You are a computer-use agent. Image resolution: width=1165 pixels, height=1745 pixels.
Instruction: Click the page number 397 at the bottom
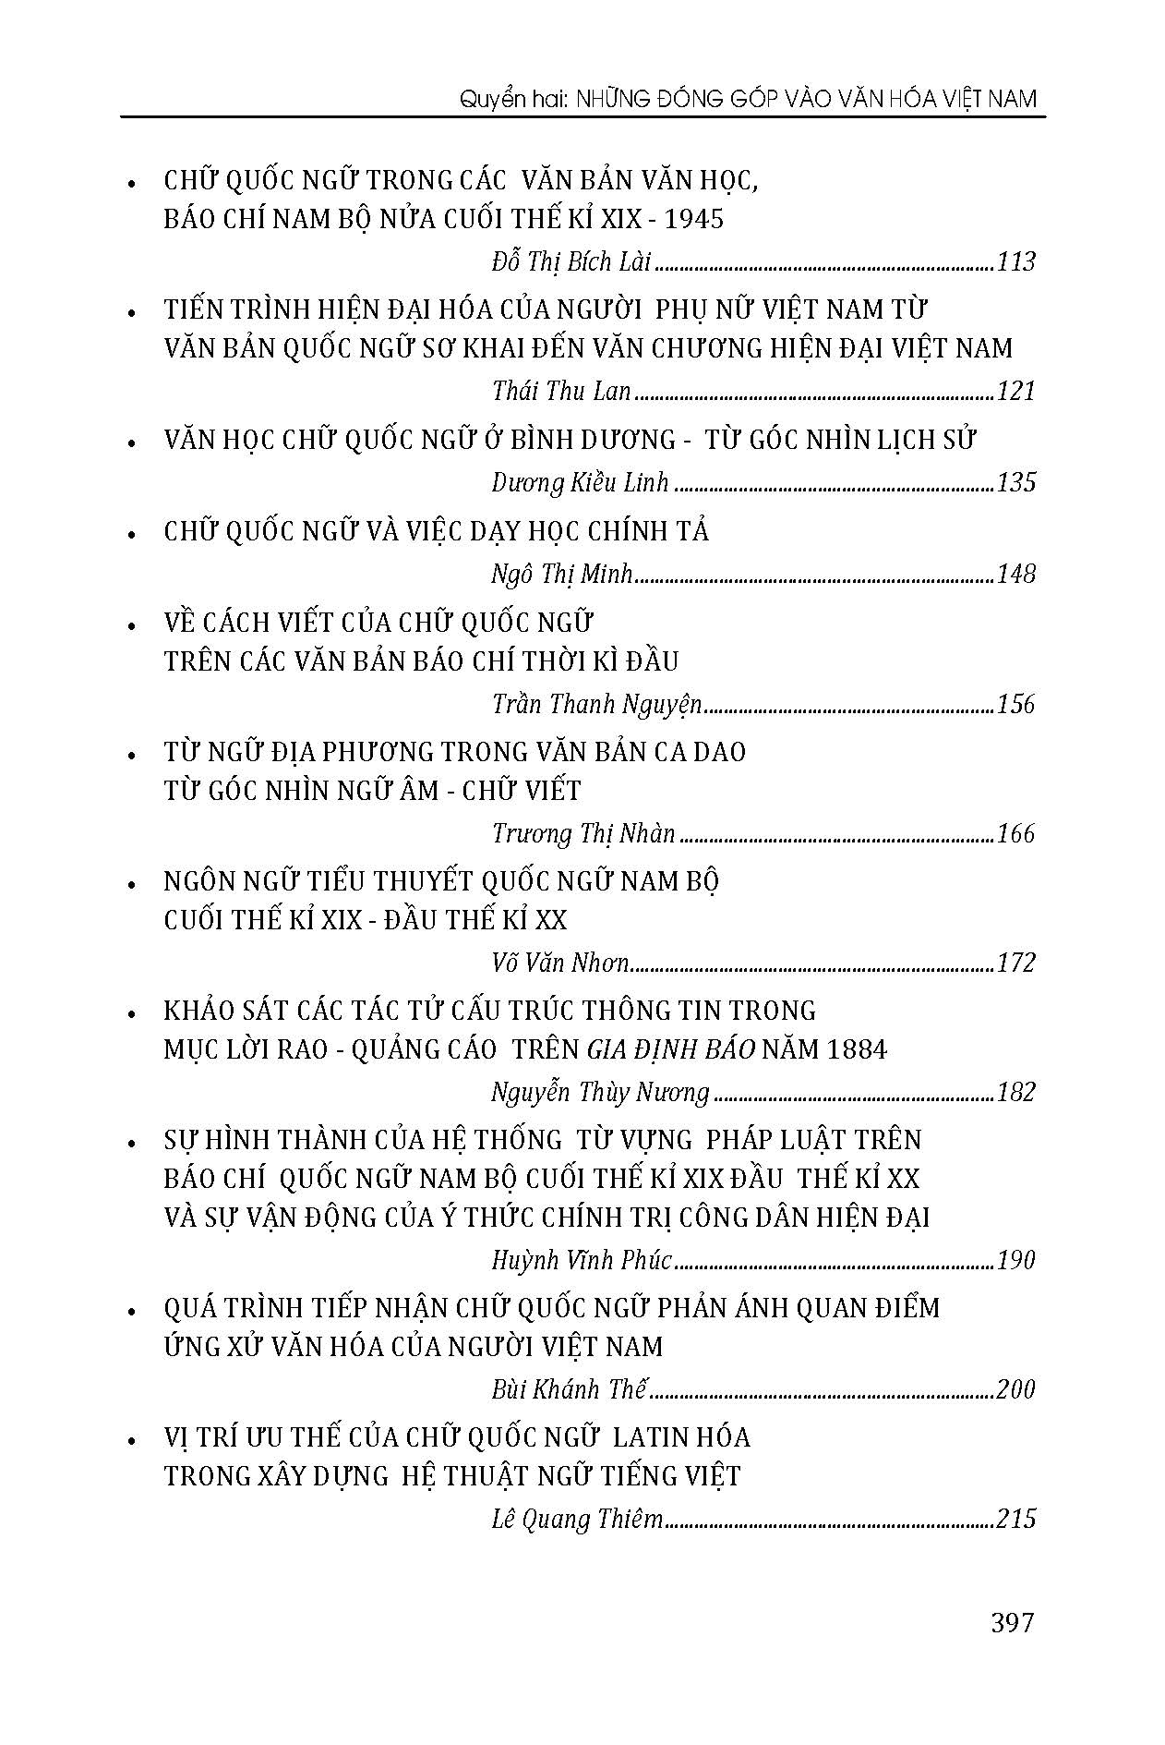1012,1622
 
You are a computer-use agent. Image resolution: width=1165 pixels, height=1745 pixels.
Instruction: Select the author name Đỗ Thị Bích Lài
571,262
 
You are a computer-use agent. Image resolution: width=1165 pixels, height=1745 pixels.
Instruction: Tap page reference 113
1016,262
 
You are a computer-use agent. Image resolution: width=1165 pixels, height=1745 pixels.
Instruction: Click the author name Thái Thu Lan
561,392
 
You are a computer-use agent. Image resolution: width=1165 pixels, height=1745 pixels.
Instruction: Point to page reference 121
1016,392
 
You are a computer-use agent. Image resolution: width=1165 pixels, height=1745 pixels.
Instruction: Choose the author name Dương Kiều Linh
580,483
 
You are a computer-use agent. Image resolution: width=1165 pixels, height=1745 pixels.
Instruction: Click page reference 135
1016,483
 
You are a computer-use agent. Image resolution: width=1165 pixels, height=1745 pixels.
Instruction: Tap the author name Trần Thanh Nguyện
596,705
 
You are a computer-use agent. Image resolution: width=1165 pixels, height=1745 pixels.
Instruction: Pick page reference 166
1016,834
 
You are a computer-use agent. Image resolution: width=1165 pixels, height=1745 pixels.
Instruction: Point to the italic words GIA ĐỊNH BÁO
671,1050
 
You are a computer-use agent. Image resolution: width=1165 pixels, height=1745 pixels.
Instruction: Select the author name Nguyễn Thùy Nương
600,1093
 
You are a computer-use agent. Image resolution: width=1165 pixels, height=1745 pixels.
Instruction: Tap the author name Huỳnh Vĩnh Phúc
582,1260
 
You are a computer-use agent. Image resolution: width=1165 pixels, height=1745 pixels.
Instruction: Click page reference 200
1015,1389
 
